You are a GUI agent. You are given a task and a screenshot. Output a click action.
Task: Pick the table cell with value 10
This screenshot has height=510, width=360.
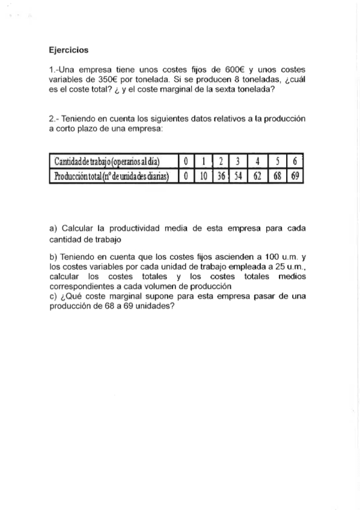click(x=204, y=176)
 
